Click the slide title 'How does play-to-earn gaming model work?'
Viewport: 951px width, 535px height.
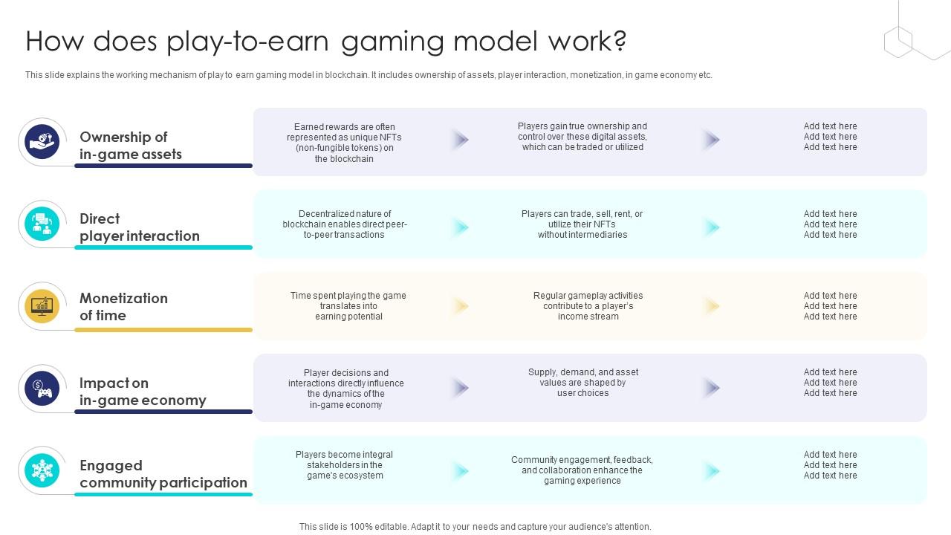click(x=325, y=42)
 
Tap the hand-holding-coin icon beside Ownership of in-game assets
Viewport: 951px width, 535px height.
click(x=42, y=141)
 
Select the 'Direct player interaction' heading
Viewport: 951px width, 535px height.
click(x=139, y=227)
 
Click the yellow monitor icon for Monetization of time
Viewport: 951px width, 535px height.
click(x=42, y=305)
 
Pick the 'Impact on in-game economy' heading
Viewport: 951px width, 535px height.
click(x=142, y=392)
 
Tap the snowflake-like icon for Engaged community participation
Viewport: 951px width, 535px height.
click(x=42, y=470)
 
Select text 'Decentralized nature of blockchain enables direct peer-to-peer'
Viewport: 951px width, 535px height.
click(x=344, y=224)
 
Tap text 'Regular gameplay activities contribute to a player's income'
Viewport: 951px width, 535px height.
click(x=588, y=306)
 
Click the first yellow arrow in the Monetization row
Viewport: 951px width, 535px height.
click(x=461, y=306)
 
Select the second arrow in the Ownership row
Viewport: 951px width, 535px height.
click(x=712, y=139)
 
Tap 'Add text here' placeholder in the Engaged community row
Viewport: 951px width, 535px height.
click(x=830, y=465)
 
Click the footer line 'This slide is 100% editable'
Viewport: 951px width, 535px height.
click(x=475, y=527)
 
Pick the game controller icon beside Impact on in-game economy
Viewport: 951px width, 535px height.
click(x=42, y=389)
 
